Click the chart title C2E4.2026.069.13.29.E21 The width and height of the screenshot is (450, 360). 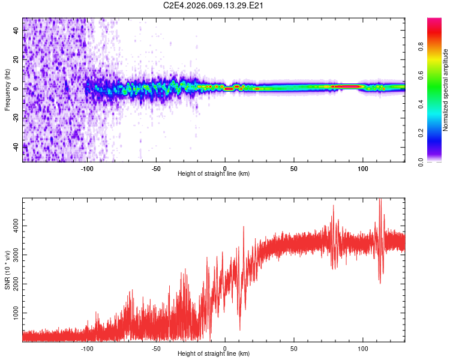(x=214, y=5)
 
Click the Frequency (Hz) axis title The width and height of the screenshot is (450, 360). (x=7, y=89)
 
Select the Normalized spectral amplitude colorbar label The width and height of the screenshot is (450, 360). (x=446, y=90)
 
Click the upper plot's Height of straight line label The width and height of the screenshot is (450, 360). (x=214, y=174)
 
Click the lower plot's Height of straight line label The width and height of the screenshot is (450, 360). (x=214, y=354)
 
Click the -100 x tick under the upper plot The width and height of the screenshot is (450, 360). (x=88, y=168)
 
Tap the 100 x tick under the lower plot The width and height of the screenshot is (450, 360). (x=362, y=348)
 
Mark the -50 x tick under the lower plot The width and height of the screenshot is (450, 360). (x=156, y=348)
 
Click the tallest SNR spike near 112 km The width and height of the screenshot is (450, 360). (x=380, y=202)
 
